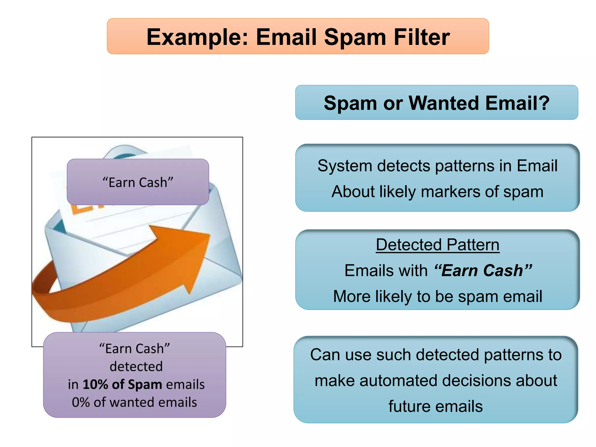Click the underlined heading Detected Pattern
437,245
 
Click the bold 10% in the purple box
95,384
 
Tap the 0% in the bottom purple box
81,402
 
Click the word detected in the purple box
136,366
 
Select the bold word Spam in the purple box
145,384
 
